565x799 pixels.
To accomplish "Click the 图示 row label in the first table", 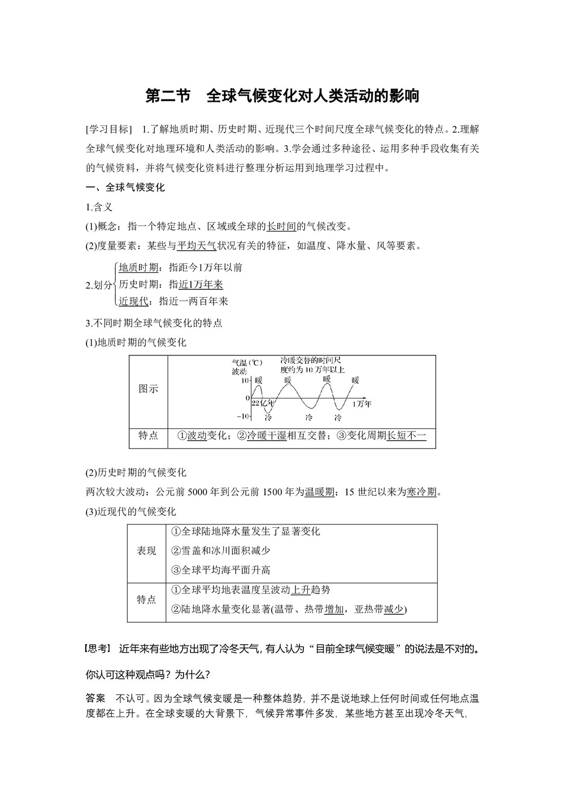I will [148, 389].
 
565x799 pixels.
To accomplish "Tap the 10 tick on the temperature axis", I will [245, 381].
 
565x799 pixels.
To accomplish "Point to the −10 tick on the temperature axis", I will [243, 416].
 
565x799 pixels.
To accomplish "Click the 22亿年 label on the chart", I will [263, 403].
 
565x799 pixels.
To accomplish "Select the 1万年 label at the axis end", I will [361, 403].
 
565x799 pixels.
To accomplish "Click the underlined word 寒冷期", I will [421, 492].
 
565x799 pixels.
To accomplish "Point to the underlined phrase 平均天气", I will [196, 245].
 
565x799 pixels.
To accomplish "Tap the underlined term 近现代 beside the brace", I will [134, 301].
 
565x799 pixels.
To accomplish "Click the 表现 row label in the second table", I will [146, 551].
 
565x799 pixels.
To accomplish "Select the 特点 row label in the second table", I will [146, 600].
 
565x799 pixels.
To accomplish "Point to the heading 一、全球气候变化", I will [125, 188].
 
